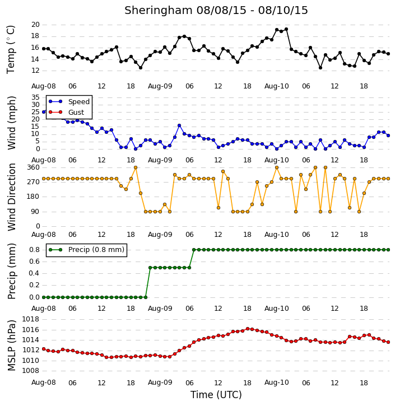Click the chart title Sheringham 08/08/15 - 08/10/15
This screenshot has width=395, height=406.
[x=216, y=11]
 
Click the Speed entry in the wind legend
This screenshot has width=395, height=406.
[x=69, y=101]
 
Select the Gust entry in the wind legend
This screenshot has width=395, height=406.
[x=66, y=112]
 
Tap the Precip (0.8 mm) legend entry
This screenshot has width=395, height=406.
[x=86, y=250]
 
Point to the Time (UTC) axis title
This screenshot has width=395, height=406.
[x=216, y=395]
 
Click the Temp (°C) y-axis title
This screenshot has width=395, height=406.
[x=11, y=49]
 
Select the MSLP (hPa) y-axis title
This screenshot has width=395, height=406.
[x=11, y=346]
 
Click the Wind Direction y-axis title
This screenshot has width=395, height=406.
[x=11, y=197]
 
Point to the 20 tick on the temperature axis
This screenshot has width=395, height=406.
[x=35, y=25]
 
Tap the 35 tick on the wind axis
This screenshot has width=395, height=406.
[x=35, y=97]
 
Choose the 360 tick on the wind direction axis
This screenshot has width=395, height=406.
[x=34, y=167]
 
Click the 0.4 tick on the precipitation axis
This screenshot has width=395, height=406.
[x=34, y=273]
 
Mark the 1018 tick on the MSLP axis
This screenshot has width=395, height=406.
[x=31, y=319]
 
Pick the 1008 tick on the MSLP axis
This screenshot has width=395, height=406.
[x=31, y=371]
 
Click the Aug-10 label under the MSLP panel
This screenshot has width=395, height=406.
[x=276, y=382]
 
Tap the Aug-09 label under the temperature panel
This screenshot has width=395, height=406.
[x=160, y=86]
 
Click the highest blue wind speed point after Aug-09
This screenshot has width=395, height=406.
[x=179, y=125]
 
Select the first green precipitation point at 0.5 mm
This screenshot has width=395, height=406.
[x=150, y=268]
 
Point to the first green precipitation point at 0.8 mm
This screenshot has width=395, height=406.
[x=194, y=250]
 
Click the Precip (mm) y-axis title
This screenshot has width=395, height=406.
[x=11, y=272]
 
